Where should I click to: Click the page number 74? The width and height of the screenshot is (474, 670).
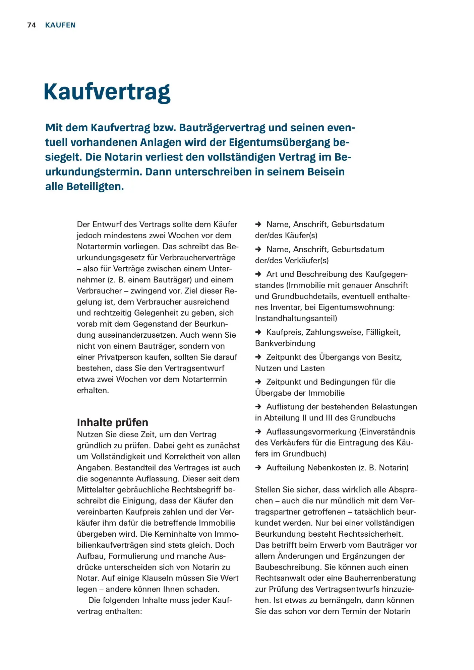pos(32,25)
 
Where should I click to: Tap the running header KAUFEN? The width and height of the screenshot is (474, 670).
pos(60,25)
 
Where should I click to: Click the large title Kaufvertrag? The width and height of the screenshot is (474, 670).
pos(107,92)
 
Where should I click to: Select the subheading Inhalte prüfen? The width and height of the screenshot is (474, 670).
pos(112,422)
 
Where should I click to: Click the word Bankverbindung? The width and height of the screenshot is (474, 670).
pos(285,343)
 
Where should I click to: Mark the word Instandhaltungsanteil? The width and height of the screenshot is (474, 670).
pos(295,318)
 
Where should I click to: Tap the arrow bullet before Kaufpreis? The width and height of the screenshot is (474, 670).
pos(258,332)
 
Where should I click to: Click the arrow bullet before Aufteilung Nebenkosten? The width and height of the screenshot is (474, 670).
pos(258,468)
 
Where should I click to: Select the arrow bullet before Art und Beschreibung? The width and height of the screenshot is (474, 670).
pos(258,274)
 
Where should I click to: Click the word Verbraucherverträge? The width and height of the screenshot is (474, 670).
pos(197,258)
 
